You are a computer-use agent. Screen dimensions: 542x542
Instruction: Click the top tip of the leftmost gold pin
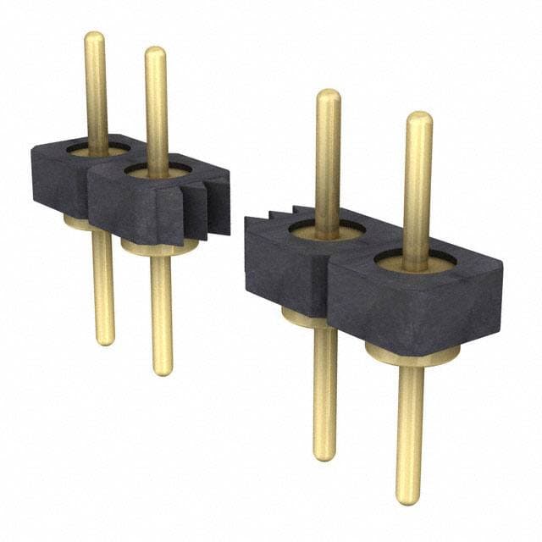click(95, 37)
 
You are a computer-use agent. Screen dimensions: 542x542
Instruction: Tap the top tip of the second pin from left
click(155, 53)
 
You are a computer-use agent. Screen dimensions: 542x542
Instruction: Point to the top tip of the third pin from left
click(329, 95)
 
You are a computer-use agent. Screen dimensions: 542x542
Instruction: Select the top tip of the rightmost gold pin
click(418, 118)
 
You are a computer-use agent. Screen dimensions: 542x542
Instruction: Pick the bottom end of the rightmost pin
click(408, 499)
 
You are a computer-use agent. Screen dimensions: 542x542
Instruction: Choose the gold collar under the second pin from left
click(158, 248)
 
